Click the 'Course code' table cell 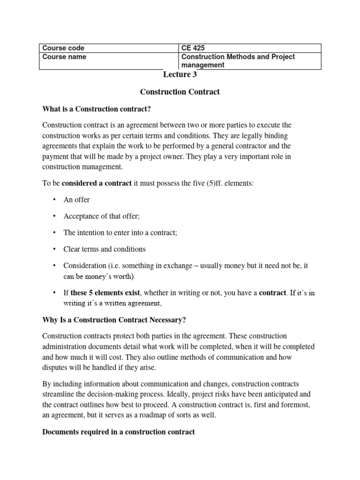[63, 48]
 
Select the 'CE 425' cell [193, 48]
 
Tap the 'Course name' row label [64, 57]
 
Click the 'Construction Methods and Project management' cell [238, 61]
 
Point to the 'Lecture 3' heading [177, 75]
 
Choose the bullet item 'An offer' [76, 200]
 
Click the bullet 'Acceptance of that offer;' [102, 216]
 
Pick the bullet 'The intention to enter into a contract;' [120, 232]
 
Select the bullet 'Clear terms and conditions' [105, 249]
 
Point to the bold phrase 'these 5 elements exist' [105, 293]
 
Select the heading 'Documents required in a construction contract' [118, 432]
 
